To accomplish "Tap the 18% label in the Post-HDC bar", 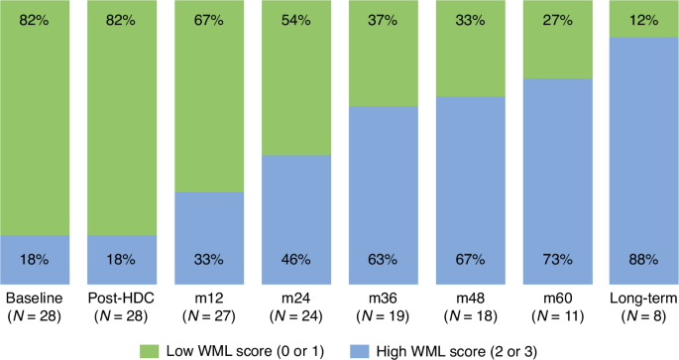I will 121,260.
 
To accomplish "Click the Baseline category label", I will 36,298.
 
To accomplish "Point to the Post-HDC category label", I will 121,298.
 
